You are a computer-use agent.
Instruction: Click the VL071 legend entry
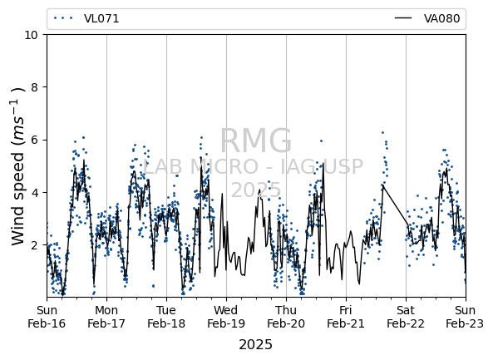pyautogui.click(x=86, y=18)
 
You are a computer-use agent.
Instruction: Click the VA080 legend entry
pyautogui.click(x=427, y=18)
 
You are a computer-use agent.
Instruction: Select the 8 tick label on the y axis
pyautogui.click(x=35, y=87)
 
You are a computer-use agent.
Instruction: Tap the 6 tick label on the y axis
pyautogui.click(x=35, y=140)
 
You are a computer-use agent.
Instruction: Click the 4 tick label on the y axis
pyautogui.click(x=35, y=192)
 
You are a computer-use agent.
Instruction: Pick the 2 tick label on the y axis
pyautogui.click(x=35, y=244)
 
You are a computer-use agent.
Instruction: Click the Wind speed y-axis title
pyautogui.click(x=17, y=166)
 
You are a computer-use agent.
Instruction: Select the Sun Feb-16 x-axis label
pyautogui.click(x=47, y=317)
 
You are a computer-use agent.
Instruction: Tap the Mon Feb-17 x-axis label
pyautogui.click(x=106, y=317)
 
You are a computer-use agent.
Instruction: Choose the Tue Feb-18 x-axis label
pyautogui.click(x=166, y=317)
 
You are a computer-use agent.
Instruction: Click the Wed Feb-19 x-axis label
pyautogui.click(x=226, y=317)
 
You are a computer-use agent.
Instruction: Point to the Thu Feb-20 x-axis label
pyautogui.click(x=286, y=317)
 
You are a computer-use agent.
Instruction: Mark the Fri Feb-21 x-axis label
pyautogui.click(x=346, y=317)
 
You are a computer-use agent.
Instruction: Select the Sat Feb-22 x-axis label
pyautogui.click(x=406, y=317)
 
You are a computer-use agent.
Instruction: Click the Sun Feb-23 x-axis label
pyautogui.click(x=465, y=317)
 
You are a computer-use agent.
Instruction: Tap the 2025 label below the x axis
pyautogui.click(x=255, y=344)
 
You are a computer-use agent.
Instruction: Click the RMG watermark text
pyautogui.click(x=255, y=141)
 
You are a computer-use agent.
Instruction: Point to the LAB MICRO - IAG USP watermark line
pyautogui.click(x=253, y=166)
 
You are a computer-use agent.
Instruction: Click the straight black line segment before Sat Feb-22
pyautogui.click(x=396, y=205)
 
